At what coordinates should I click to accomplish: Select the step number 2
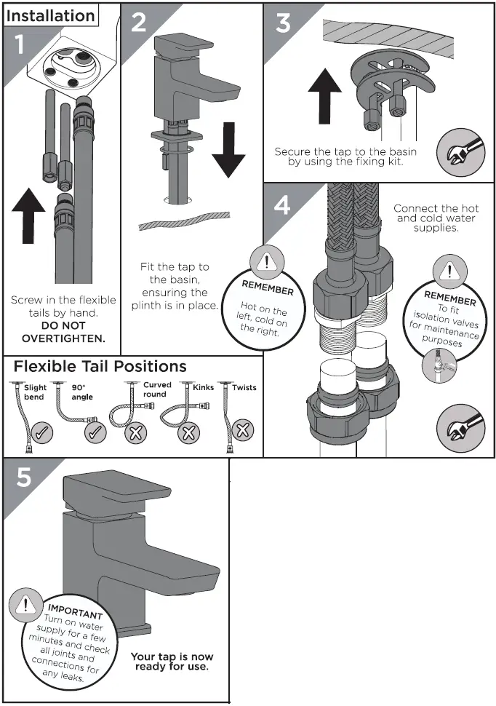[138, 22]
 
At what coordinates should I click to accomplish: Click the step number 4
[282, 205]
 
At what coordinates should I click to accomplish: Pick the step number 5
[24, 477]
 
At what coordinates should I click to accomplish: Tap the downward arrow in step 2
[229, 149]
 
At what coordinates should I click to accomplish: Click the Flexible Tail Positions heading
[100, 366]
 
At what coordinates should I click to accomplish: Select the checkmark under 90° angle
[95, 435]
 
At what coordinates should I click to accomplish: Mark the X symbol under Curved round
[135, 435]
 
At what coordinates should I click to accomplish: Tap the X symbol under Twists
[244, 429]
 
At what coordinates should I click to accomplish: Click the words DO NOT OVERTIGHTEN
[63, 333]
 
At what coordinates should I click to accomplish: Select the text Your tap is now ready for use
[172, 662]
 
